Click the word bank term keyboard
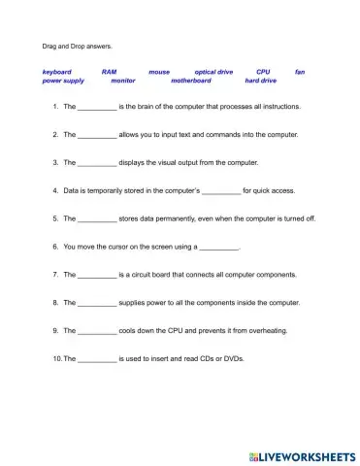[x=56, y=72]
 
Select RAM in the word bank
[x=109, y=72]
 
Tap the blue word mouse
[x=158, y=72]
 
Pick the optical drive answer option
[x=213, y=72]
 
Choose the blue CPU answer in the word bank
[x=263, y=72]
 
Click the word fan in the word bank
[x=300, y=72]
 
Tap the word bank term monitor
[x=123, y=82]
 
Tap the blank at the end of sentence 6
[x=217, y=248]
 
